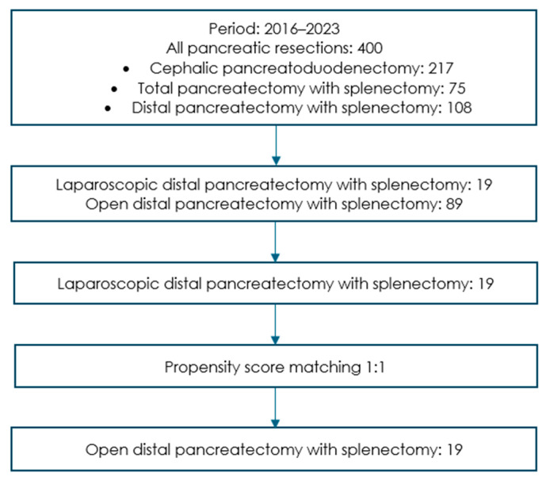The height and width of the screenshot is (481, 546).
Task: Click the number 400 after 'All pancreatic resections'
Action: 370,48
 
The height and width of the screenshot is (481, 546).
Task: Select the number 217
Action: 441,68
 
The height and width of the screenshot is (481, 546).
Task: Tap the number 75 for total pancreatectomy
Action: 457,88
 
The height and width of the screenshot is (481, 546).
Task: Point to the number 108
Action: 460,108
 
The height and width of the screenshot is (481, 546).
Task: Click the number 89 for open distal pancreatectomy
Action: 454,204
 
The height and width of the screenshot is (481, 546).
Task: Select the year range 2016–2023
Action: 302,29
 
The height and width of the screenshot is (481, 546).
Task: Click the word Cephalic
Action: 184,69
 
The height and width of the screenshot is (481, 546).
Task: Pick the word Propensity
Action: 202,368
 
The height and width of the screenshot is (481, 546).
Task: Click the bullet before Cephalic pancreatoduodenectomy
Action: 126,69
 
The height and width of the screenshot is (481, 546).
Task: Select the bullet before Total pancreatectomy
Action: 114,90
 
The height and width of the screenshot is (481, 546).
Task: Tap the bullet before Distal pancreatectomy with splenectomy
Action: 108,109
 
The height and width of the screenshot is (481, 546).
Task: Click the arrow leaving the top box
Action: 276,145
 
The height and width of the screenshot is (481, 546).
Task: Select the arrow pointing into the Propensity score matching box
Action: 276,324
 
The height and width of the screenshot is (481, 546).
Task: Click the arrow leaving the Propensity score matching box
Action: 276,407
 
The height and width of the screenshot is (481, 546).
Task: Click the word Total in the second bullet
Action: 155,88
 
